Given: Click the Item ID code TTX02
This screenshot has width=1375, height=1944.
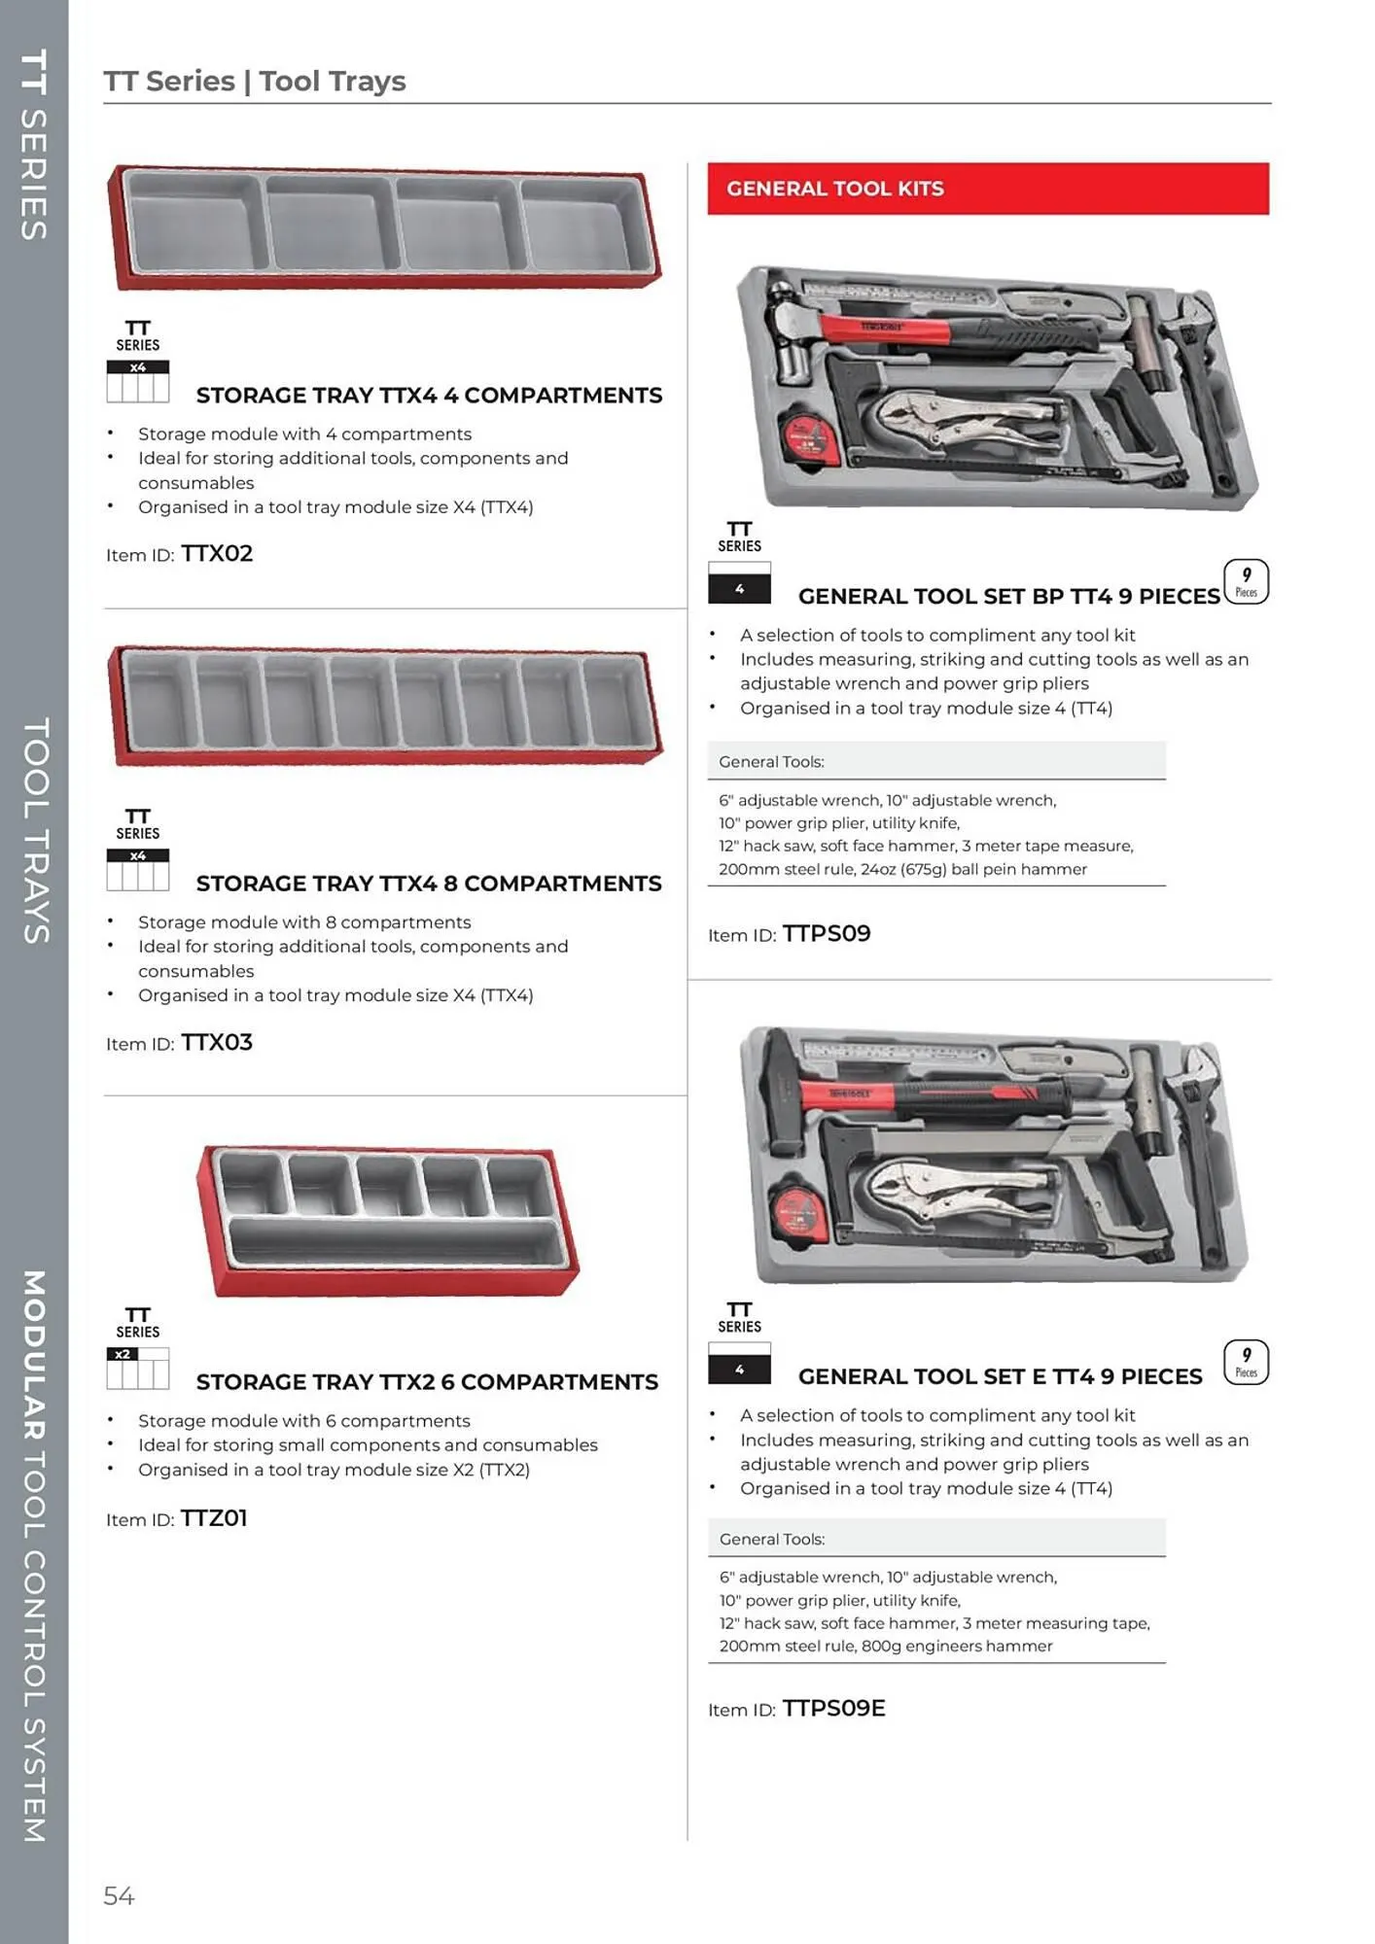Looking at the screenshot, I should pyautogui.click(x=217, y=554).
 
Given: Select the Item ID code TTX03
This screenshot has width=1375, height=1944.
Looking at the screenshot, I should pyautogui.click(x=217, y=1043).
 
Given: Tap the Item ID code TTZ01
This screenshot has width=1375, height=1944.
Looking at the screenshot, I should pyautogui.click(x=214, y=1518).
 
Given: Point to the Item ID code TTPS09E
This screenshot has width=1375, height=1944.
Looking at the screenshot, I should pyautogui.click(x=833, y=1709).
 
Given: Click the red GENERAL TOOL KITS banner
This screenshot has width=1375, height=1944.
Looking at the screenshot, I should pyautogui.click(x=988, y=189).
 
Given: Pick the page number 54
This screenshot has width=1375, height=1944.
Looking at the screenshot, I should pyautogui.click(x=119, y=1895).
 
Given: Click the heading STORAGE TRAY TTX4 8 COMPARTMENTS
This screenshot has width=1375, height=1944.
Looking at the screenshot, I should pyautogui.click(x=429, y=884).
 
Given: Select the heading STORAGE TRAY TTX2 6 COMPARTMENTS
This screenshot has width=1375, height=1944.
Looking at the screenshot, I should pyautogui.click(x=427, y=1382).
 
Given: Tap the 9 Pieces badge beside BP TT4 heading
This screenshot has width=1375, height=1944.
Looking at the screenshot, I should pyautogui.click(x=1246, y=582).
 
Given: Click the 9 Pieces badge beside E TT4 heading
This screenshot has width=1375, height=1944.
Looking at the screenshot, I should pyautogui.click(x=1246, y=1363).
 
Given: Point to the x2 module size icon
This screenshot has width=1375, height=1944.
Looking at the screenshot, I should pyautogui.click(x=137, y=1368).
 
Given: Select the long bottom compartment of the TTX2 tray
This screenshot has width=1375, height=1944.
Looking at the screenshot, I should pyautogui.click(x=397, y=1241).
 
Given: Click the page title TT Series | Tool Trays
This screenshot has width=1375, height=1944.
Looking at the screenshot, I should pyautogui.click(x=255, y=81).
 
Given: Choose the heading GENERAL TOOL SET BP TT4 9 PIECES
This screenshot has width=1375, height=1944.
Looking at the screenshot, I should pyautogui.click(x=1008, y=597).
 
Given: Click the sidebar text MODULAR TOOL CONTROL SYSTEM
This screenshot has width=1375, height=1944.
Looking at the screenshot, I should pyautogui.click(x=34, y=1555).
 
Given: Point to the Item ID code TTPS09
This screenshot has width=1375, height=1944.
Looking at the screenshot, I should pyautogui.click(x=827, y=934).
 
